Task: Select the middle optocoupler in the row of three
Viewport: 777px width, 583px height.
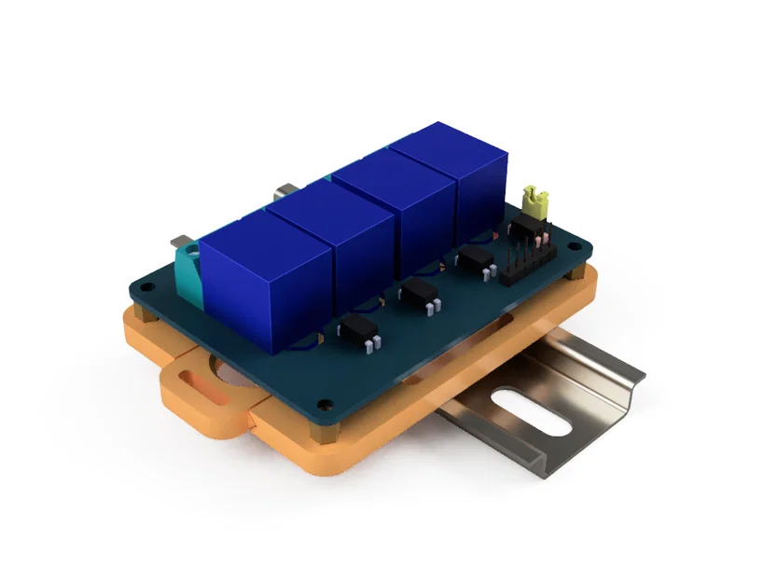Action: coord(419,290)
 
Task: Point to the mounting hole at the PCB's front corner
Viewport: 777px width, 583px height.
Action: coord(324,405)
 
